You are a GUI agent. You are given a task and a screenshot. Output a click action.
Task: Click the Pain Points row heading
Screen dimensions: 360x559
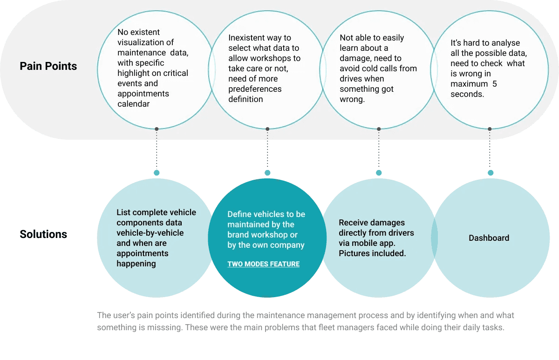48,66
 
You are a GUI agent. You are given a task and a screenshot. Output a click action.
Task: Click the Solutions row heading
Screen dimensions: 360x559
43,234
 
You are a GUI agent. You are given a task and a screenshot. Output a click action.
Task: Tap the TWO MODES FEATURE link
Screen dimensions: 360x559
263,264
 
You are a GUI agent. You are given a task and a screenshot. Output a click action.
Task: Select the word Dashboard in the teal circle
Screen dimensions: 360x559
489,238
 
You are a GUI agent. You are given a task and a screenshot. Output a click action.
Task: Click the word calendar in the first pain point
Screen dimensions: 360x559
134,104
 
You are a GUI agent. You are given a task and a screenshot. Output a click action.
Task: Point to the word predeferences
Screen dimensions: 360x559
255,89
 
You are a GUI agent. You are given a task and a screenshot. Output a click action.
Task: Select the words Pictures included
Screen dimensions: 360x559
372,253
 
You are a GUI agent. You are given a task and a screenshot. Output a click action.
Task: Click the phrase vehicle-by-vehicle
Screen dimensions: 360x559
150,233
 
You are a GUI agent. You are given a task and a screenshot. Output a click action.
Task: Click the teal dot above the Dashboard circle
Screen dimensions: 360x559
490,173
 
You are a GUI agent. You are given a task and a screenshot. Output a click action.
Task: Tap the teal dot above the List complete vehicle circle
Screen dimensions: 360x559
157,173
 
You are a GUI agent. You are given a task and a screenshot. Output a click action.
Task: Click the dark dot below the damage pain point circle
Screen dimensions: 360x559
379,129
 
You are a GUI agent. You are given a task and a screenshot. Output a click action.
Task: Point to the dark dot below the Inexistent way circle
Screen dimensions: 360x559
267,129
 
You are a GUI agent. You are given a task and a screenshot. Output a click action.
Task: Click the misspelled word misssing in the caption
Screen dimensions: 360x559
166,327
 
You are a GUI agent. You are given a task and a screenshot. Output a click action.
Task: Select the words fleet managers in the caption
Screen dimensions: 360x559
337,327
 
